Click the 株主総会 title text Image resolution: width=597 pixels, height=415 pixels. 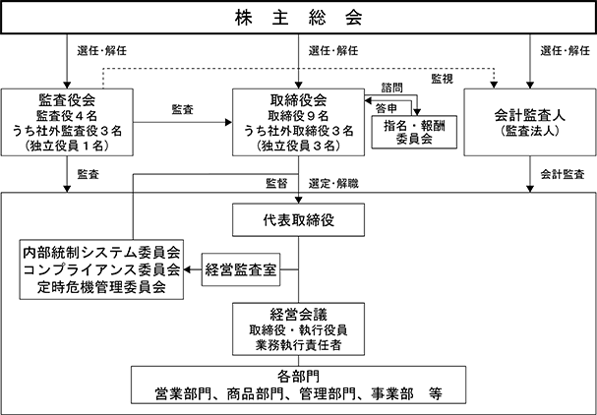299,18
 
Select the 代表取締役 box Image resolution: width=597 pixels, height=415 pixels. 299,219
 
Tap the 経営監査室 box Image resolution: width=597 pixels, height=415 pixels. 241,269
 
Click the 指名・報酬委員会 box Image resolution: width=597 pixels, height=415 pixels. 414,132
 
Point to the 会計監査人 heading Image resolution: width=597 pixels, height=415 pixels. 529,115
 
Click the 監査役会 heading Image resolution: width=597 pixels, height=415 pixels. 67,99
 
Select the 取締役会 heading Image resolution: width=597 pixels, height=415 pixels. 299,99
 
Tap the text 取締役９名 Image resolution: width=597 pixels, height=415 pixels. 299,115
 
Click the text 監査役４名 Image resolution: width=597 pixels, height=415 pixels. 67,115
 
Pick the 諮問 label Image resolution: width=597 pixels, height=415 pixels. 392,88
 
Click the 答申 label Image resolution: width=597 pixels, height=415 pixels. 387,108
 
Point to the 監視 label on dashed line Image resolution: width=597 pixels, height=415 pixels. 442,79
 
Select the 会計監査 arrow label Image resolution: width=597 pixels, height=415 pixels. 563,174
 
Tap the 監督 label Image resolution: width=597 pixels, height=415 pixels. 276,184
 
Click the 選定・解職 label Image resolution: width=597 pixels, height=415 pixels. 333,184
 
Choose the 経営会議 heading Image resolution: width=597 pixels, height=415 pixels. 299,314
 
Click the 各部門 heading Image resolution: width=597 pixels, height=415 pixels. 299,377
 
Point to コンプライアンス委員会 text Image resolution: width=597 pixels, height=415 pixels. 101,269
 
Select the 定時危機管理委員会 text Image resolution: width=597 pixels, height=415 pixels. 101,287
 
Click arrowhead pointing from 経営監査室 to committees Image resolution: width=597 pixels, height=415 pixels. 187,269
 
